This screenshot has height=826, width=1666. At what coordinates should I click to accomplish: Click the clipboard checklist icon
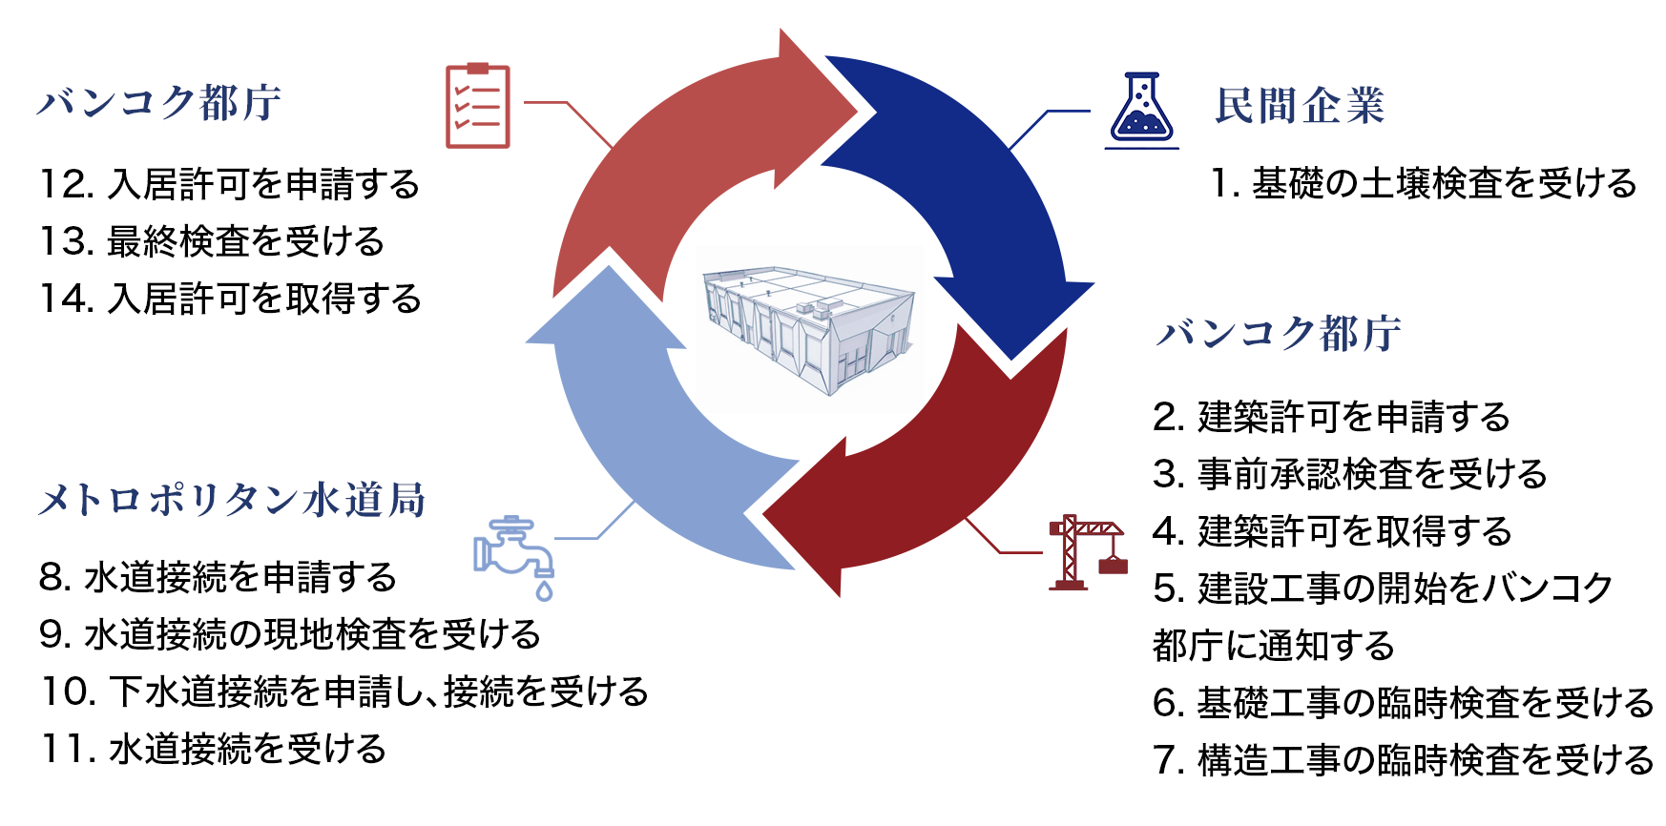point(477,106)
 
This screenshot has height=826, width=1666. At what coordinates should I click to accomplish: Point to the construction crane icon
point(1087,552)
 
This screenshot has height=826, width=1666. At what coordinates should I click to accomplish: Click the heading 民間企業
point(1299,106)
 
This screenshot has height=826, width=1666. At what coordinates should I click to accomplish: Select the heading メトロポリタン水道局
point(232,500)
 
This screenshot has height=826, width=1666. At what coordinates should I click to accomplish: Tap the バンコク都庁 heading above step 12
point(159,103)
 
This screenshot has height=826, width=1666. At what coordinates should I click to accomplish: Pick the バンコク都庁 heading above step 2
point(1279,334)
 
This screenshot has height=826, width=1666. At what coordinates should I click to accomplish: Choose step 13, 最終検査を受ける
point(212,241)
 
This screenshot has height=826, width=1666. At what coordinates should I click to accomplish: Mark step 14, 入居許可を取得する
point(230,299)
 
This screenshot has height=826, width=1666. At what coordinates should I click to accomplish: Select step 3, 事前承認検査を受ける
point(1349,474)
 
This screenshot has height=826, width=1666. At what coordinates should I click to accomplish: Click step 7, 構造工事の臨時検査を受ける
point(1403,760)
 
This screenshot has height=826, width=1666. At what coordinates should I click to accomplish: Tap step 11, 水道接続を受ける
point(214,749)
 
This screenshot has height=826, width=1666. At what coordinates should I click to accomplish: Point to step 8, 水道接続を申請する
point(218,577)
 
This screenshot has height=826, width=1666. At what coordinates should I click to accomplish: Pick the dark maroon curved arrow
point(935,477)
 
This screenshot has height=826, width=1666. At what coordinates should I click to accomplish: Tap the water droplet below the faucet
point(544,590)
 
